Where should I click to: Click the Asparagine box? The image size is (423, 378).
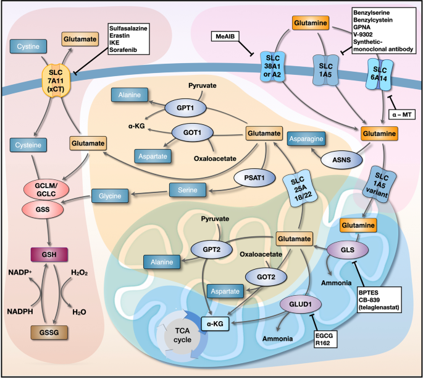(x=312, y=139)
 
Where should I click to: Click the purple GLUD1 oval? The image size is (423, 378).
(x=298, y=304)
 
